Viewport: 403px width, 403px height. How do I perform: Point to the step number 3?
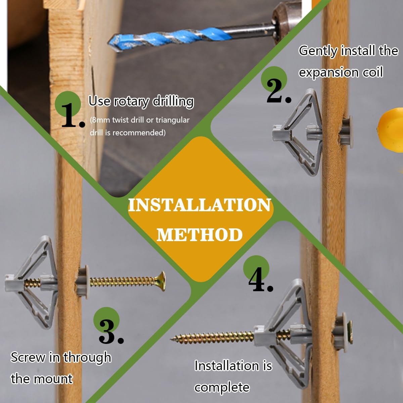point(111,332)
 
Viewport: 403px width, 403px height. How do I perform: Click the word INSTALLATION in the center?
point(199,205)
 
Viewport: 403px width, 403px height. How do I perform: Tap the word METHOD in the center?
point(199,234)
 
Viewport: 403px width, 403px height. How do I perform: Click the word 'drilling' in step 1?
point(173,102)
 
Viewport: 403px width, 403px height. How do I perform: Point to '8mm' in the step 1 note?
point(100,120)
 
